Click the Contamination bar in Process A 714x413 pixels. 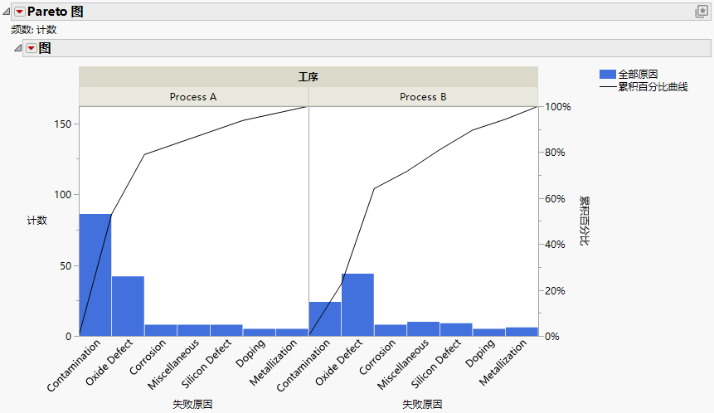(x=95, y=275)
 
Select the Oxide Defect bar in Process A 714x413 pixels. (x=128, y=306)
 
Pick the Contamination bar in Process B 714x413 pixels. (x=324, y=319)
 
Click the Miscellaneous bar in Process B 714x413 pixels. (x=423, y=329)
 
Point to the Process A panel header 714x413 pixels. (x=193, y=97)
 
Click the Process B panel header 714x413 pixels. (x=423, y=97)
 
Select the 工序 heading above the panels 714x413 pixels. (x=308, y=77)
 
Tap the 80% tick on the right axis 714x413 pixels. (x=555, y=153)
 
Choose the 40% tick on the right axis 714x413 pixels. (x=555, y=245)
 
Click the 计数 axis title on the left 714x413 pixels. (x=36, y=221)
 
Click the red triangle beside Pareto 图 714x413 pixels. (x=20, y=12)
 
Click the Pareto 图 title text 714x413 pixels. (x=55, y=12)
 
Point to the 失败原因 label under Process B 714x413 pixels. (x=422, y=405)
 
